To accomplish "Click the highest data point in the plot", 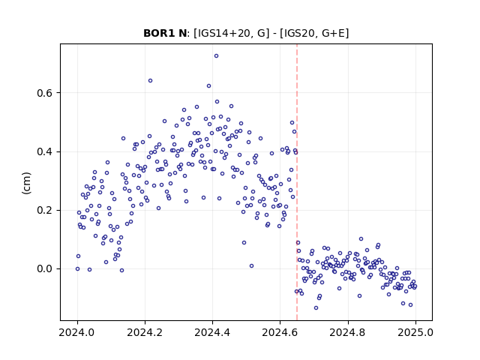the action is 216,56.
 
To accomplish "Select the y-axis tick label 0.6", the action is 44,93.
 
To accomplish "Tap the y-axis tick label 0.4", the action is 44,151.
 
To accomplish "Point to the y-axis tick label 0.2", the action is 44,211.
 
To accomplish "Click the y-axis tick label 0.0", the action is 44,269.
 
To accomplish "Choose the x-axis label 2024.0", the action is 77,332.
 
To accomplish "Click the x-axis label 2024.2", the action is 145,332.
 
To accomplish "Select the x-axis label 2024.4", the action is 212,332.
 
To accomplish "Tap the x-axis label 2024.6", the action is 280,332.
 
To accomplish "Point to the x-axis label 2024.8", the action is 348,332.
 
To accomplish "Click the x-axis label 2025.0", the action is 415,332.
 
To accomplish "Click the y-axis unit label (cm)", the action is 27,183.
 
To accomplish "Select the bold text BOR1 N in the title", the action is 165,33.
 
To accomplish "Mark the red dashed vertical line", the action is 297,182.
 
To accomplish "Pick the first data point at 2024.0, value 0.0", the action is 77,268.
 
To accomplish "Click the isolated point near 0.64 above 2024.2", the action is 150,80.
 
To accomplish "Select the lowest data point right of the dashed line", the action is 316,307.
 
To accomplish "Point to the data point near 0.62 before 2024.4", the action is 208,86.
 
